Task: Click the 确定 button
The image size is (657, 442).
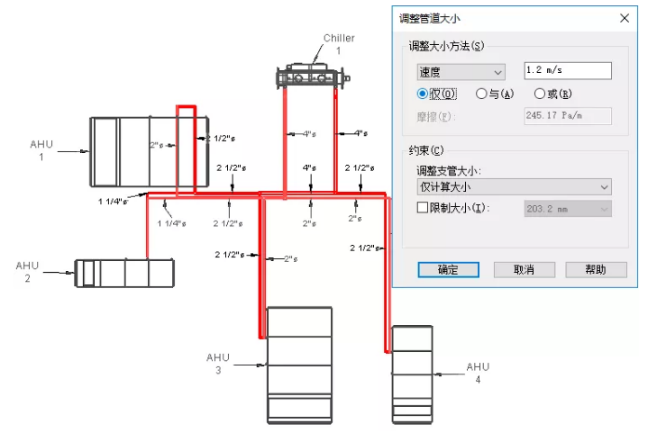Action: (x=448, y=269)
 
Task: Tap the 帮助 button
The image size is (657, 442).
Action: (x=596, y=269)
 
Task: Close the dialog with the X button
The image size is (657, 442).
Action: (x=625, y=18)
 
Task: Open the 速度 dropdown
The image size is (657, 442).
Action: (x=461, y=72)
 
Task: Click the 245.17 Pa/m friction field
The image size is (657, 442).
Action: (x=568, y=116)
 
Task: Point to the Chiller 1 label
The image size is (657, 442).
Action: (x=339, y=44)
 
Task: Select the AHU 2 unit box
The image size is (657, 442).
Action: (x=123, y=273)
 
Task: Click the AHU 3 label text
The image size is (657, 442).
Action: (x=218, y=364)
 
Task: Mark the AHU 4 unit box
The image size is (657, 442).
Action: (x=413, y=374)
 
